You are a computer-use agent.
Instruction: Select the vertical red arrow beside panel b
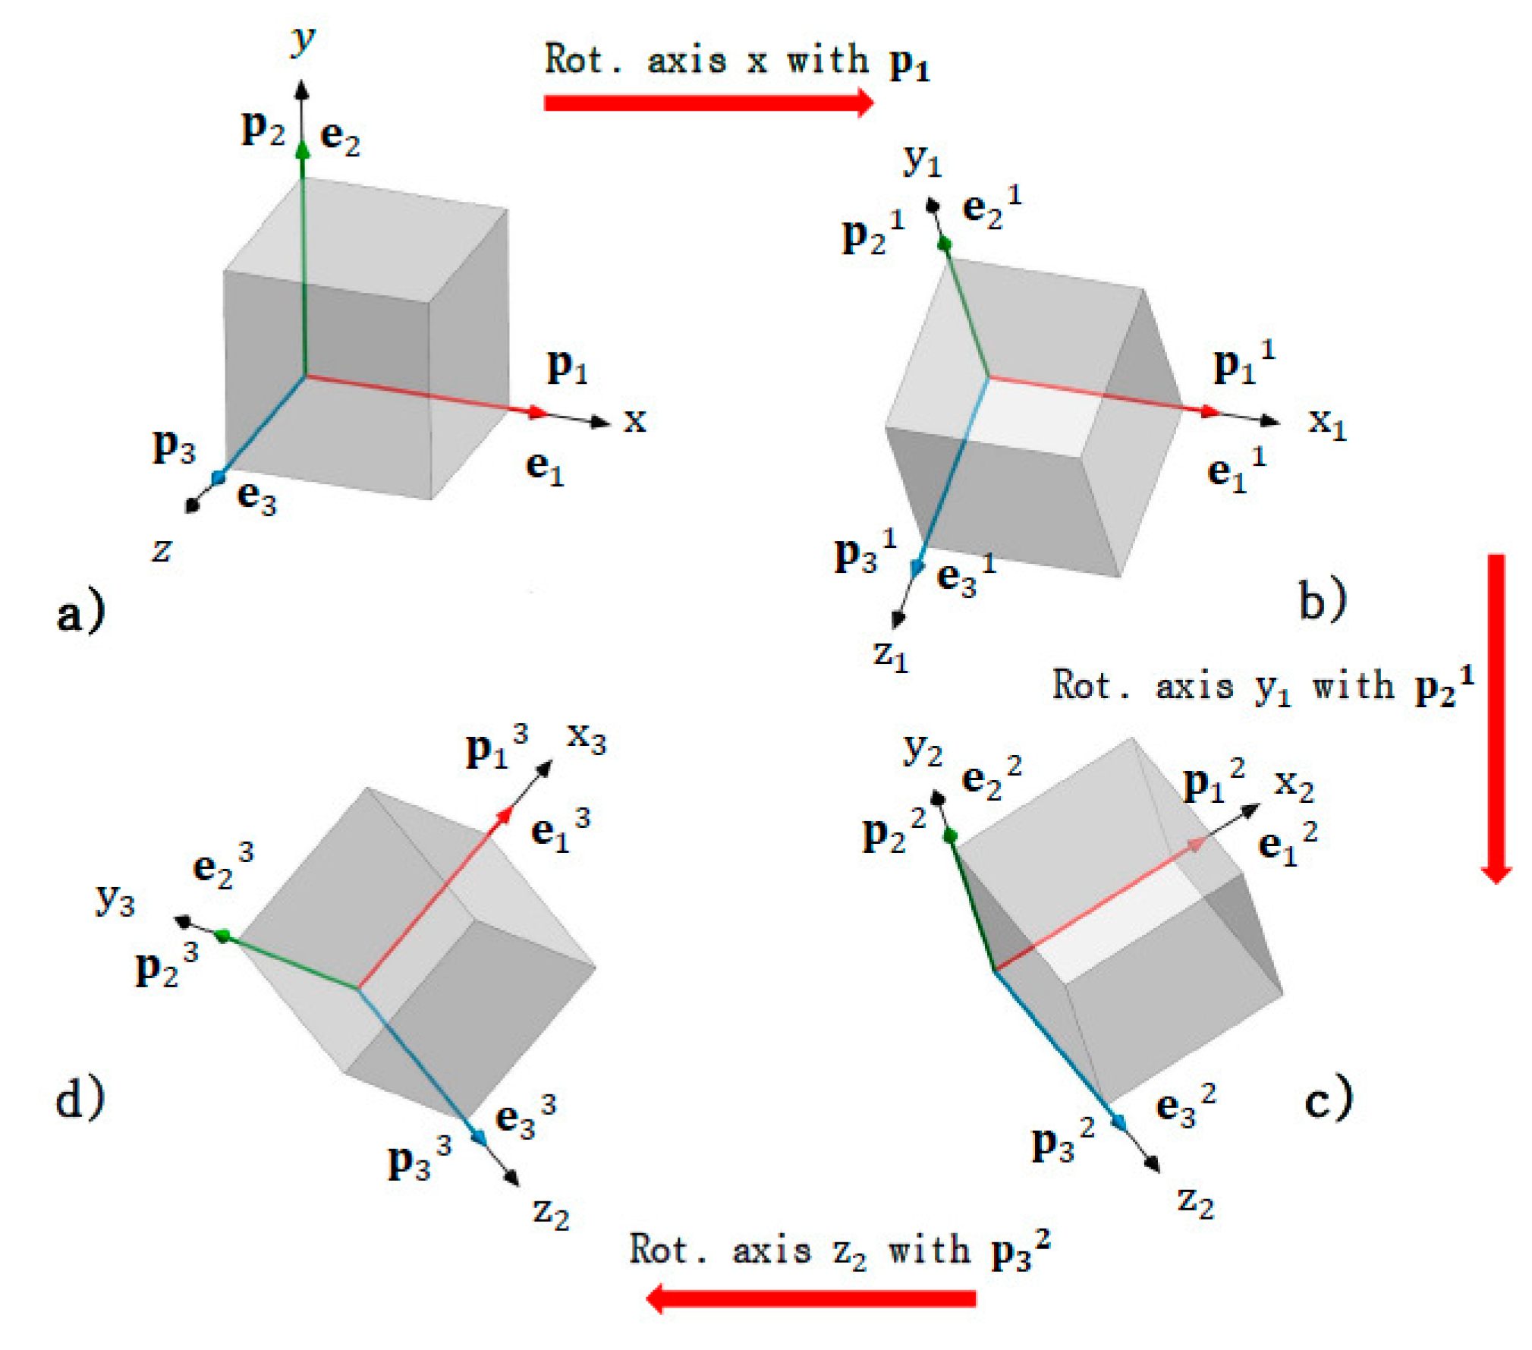tap(1495, 717)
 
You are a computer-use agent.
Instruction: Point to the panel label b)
tap(1322, 599)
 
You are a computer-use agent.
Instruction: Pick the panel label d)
tap(80, 1097)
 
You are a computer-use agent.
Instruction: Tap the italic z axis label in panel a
tap(162, 549)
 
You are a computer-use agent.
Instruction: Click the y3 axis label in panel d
tap(115, 900)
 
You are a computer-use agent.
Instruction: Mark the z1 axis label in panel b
tap(890, 654)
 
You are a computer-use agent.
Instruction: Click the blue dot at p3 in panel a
tap(219, 477)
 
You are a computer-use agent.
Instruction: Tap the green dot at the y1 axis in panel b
tap(945, 244)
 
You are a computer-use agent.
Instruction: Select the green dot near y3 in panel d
tap(222, 936)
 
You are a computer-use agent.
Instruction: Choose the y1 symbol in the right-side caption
tap(1272, 688)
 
